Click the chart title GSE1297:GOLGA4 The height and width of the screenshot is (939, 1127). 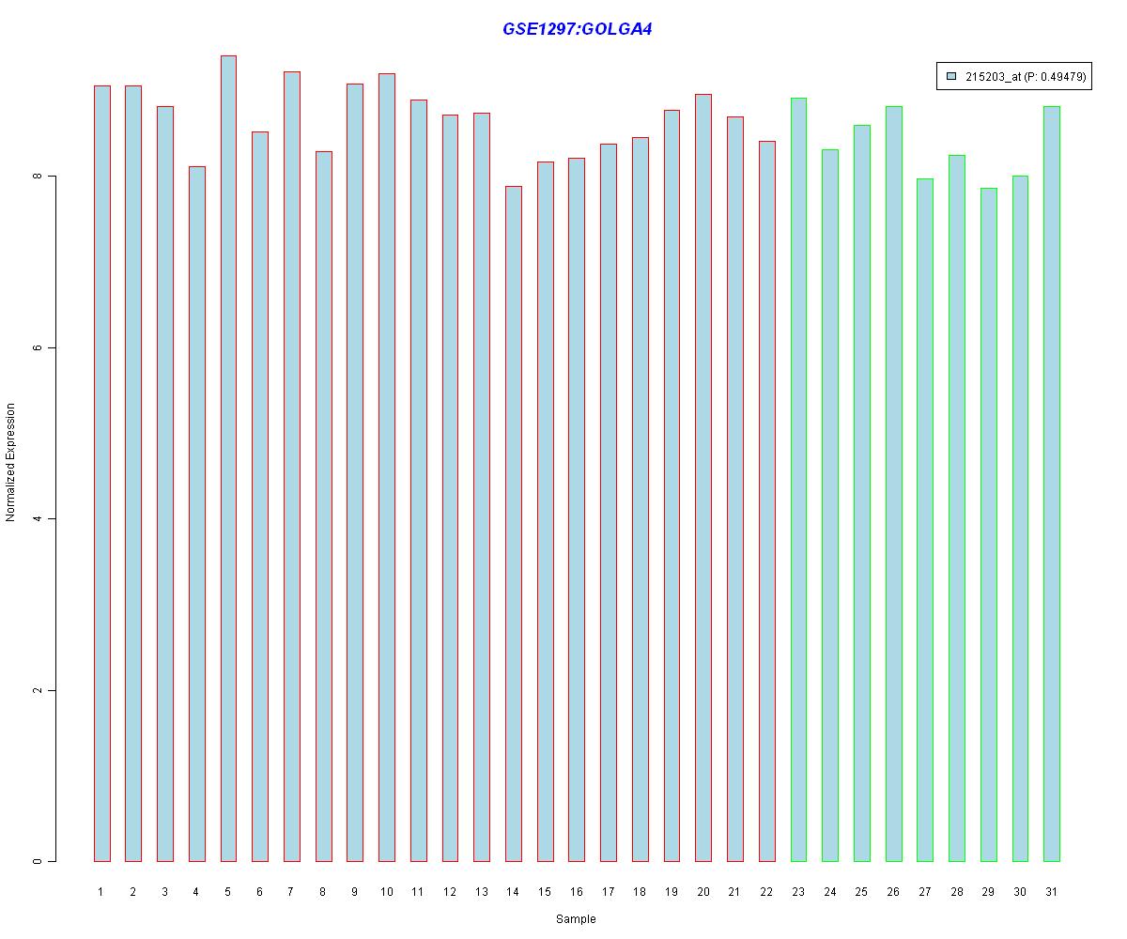coord(577,29)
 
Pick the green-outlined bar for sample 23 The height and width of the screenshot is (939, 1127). coord(798,479)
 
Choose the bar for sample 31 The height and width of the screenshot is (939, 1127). coord(1052,484)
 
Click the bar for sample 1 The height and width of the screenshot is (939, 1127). coord(101,473)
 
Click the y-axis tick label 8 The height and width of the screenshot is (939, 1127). coord(38,177)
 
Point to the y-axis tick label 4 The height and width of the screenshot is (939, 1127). coord(38,519)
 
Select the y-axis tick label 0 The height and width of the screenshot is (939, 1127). coord(38,861)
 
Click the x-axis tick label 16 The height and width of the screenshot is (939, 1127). coord(576,892)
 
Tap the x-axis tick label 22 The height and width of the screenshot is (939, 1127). coord(766,892)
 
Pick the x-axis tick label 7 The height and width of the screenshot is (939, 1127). coord(291,892)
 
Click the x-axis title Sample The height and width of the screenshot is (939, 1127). coord(576,919)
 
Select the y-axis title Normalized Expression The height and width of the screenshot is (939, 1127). coord(11,462)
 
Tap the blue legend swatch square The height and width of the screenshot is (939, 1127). coord(951,76)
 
